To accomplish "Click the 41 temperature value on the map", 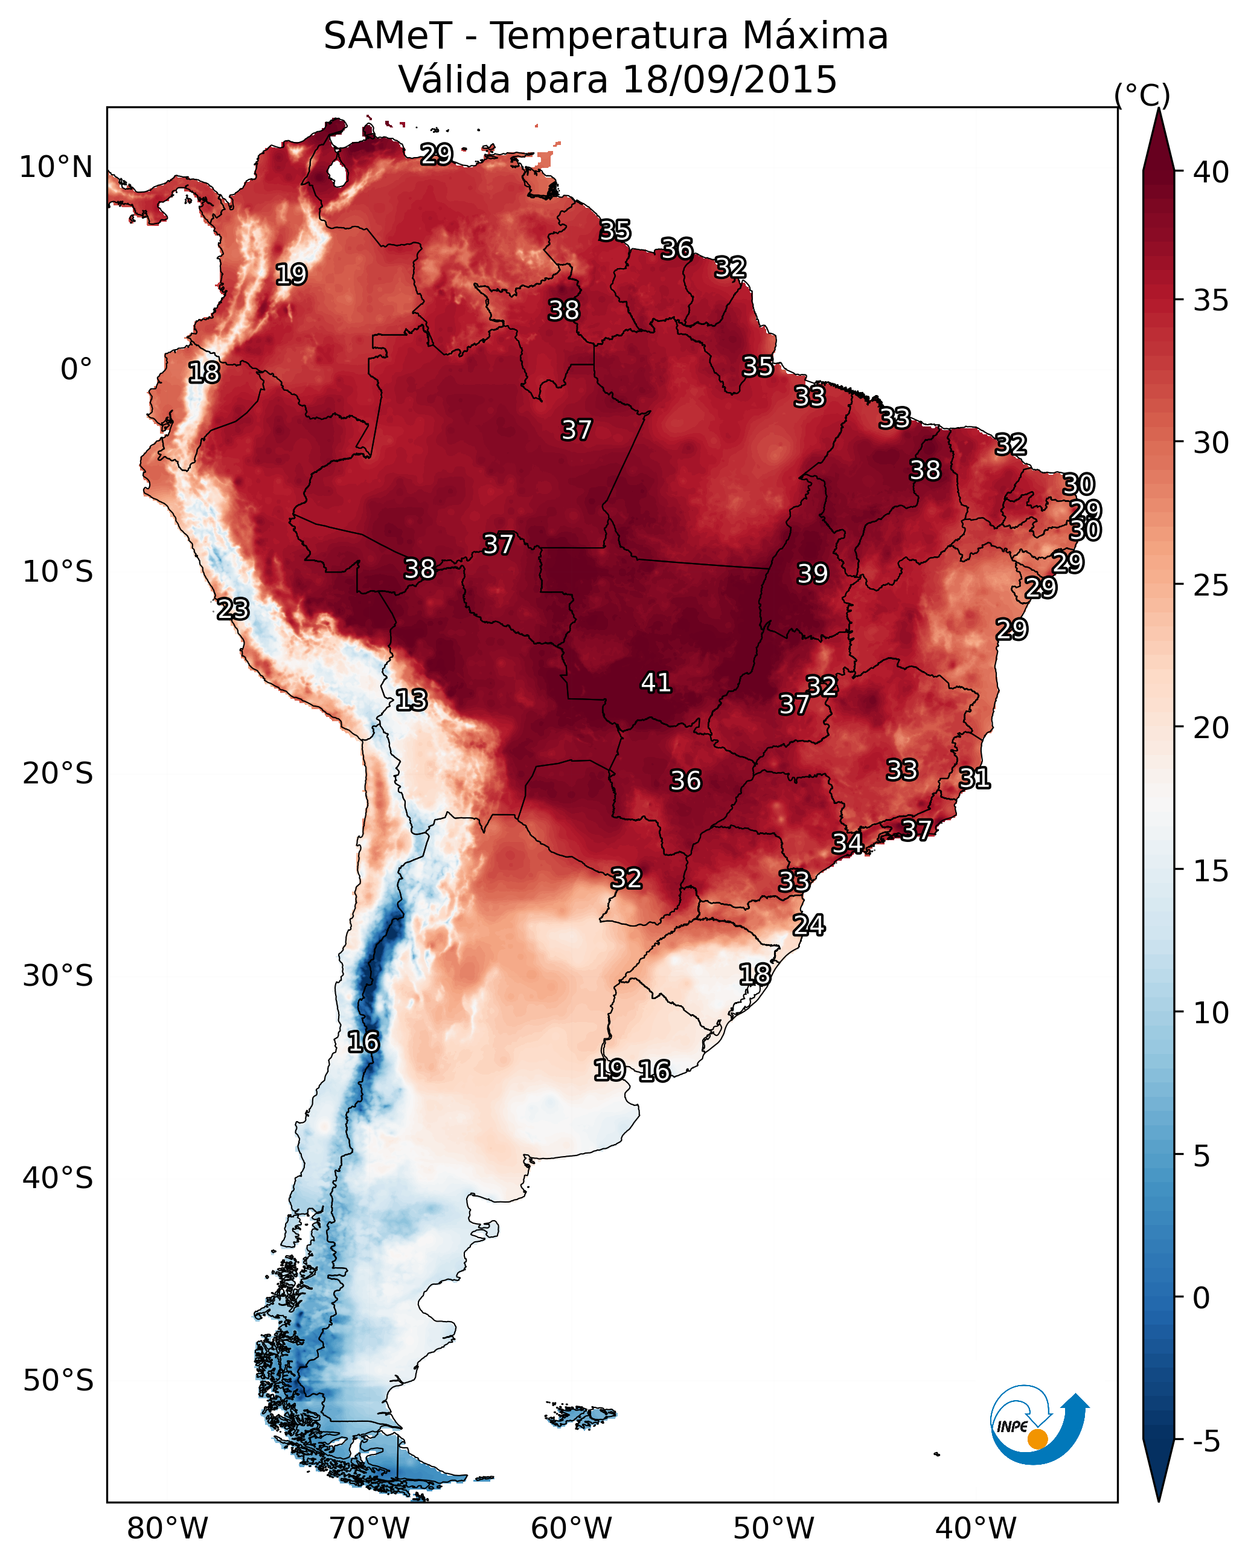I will click(x=656, y=683).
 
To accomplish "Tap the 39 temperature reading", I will click(x=812, y=574).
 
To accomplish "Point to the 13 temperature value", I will click(x=411, y=701).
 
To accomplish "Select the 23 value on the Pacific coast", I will click(x=232, y=609).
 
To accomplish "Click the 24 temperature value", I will click(x=808, y=925).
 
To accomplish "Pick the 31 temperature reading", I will click(x=974, y=779).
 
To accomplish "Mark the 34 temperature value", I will click(x=846, y=843).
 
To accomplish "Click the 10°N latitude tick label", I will click(x=56, y=167).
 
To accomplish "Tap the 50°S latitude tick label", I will click(x=58, y=1381).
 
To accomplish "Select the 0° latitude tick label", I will click(x=76, y=370).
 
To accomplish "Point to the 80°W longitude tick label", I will click(x=167, y=1529).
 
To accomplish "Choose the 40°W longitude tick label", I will click(x=976, y=1529).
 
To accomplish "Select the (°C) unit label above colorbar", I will click(x=1142, y=95).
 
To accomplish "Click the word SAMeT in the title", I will click(x=388, y=36).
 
